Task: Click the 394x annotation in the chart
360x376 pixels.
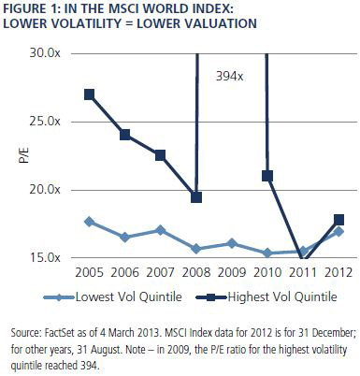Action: [x=230, y=76]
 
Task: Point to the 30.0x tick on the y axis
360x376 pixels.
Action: [x=45, y=53]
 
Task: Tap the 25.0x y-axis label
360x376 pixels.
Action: [x=45, y=122]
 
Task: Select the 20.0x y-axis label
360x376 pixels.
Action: [x=45, y=189]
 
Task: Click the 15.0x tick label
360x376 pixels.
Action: [x=45, y=257]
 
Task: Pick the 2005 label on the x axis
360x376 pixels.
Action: [x=89, y=272]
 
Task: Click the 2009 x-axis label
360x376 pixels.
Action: [x=232, y=272]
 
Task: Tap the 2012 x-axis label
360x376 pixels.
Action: [x=338, y=272]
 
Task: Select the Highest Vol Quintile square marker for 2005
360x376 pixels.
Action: [x=89, y=94]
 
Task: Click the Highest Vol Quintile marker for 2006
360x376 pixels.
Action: [x=125, y=135]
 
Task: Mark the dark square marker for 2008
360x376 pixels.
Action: [x=196, y=197]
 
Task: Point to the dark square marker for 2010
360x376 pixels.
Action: [x=267, y=176]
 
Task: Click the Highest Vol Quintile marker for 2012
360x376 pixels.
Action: [x=338, y=220]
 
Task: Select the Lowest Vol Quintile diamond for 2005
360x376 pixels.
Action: [x=90, y=222]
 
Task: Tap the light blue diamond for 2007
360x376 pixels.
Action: [x=161, y=230]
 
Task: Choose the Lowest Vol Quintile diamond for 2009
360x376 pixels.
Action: [x=232, y=243]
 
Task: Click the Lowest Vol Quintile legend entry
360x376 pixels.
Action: [x=112, y=296]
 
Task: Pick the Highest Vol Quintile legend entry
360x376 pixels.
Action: [x=266, y=296]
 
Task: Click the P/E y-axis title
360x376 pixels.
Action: [x=23, y=155]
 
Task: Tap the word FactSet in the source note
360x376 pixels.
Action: [x=60, y=333]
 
